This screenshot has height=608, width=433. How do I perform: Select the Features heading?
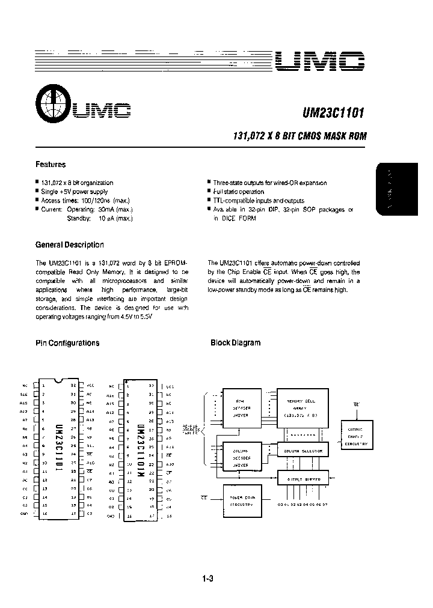click(51, 164)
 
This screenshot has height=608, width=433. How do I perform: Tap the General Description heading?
click(70, 245)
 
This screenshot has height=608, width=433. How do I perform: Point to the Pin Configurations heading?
click(67, 343)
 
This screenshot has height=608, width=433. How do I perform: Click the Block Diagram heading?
click(235, 343)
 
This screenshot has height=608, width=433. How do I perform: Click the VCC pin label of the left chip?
click(91, 385)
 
